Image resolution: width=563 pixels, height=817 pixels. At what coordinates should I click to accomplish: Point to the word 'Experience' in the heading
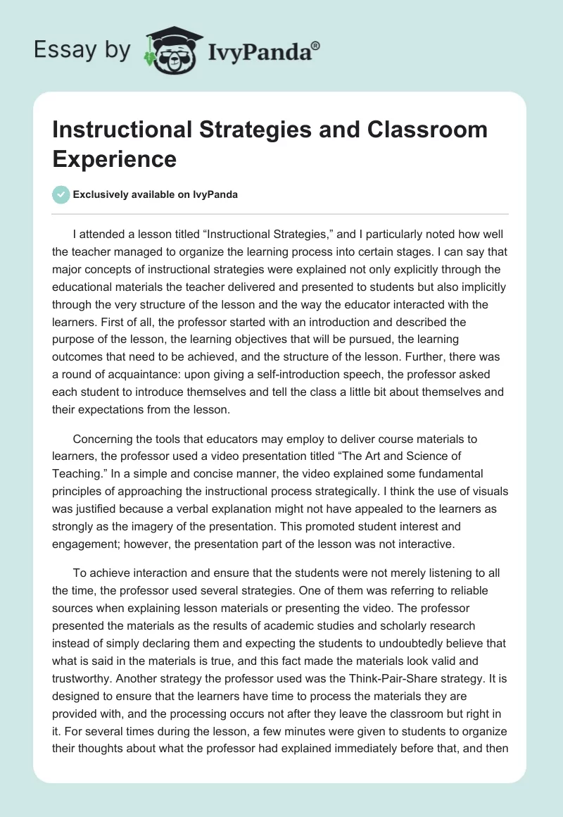point(115,158)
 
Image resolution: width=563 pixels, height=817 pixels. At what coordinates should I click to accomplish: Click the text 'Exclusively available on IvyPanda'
point(154,194)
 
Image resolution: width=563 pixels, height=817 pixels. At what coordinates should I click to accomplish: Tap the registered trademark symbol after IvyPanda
point(316,46)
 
